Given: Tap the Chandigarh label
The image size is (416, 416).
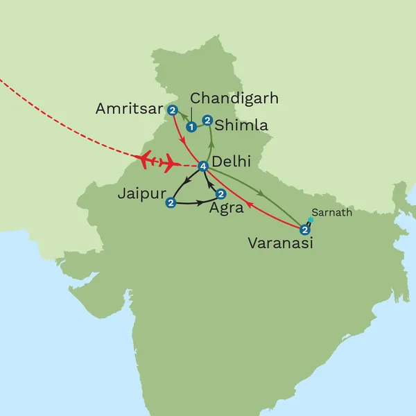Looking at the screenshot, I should (234, 98).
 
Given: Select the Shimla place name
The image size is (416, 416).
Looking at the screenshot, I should (240, 125).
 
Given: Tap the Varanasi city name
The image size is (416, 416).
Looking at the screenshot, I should (280, 243).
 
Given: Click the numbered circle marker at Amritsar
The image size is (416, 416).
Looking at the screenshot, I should (172, 110).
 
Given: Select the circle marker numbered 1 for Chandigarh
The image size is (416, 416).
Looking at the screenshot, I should (191, 127).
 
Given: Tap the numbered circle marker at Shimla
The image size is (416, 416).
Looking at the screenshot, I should (207, 121).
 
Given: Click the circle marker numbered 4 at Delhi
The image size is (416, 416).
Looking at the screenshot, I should (203, 166).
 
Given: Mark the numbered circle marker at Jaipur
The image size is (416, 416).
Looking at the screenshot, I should (171, 202).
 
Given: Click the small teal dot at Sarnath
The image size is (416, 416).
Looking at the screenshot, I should (311, 220).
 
